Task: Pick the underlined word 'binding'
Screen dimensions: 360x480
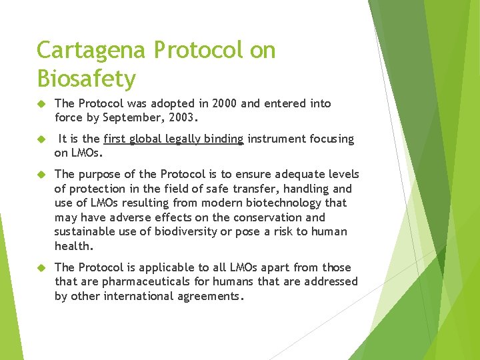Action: [224, 139]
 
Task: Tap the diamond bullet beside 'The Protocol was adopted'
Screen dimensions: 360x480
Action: [40, 104]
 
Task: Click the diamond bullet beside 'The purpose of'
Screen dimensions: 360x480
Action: [40, 175]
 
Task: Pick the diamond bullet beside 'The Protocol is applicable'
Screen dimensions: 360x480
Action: [40, 268]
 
